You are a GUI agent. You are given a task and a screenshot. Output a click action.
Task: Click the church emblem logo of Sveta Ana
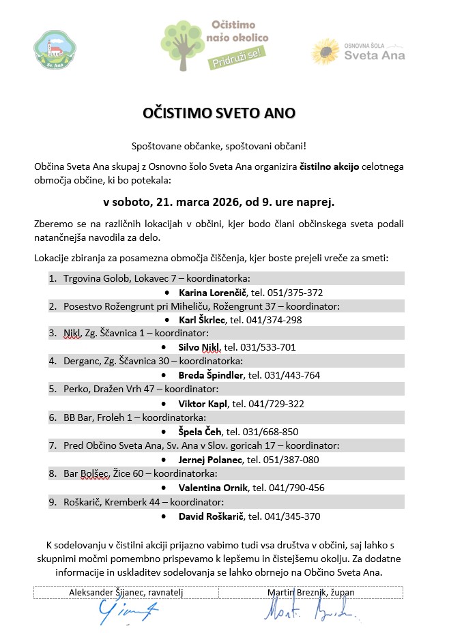pos(50,50)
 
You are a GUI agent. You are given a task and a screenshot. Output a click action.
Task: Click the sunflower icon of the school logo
pos(325,52)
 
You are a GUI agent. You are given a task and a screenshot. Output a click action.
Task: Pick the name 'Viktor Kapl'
pos(203,404)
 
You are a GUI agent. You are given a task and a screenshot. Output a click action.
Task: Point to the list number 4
pos(53,362)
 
